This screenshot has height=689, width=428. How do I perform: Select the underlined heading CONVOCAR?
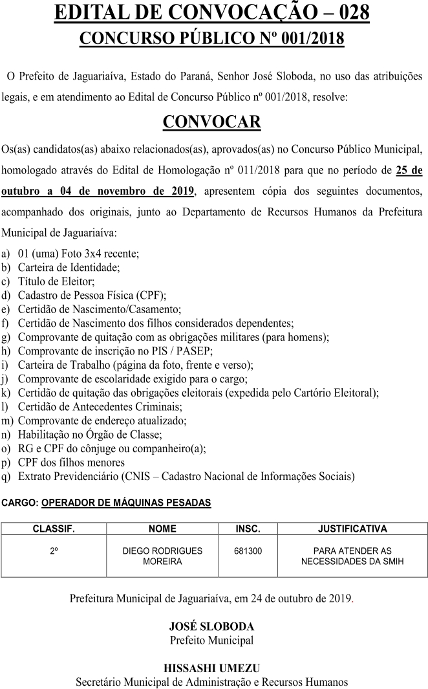[x=212, y=122]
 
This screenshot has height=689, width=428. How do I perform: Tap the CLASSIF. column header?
[x=54, y=529]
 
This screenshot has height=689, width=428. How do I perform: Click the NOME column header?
[x=162, y=529]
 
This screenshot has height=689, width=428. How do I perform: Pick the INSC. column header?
[x=248, y=529]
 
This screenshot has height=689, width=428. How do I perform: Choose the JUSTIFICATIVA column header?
[x=352, y=529]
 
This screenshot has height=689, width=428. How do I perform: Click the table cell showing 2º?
[x=54, y=551]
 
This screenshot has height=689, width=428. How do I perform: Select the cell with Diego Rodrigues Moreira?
[x=162, y=556]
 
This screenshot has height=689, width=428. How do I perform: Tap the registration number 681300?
[x=248, y=551]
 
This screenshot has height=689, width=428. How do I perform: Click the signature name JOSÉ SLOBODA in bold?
[x=211, y=627]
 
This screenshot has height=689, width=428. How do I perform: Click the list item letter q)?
[x=6, y=477]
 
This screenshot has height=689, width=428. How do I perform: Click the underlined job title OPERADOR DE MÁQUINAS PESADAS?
[x=126, y=502]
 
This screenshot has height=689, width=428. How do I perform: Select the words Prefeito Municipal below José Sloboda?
[x=211, y=640]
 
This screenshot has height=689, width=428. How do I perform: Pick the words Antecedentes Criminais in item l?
[x=127, y=407]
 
